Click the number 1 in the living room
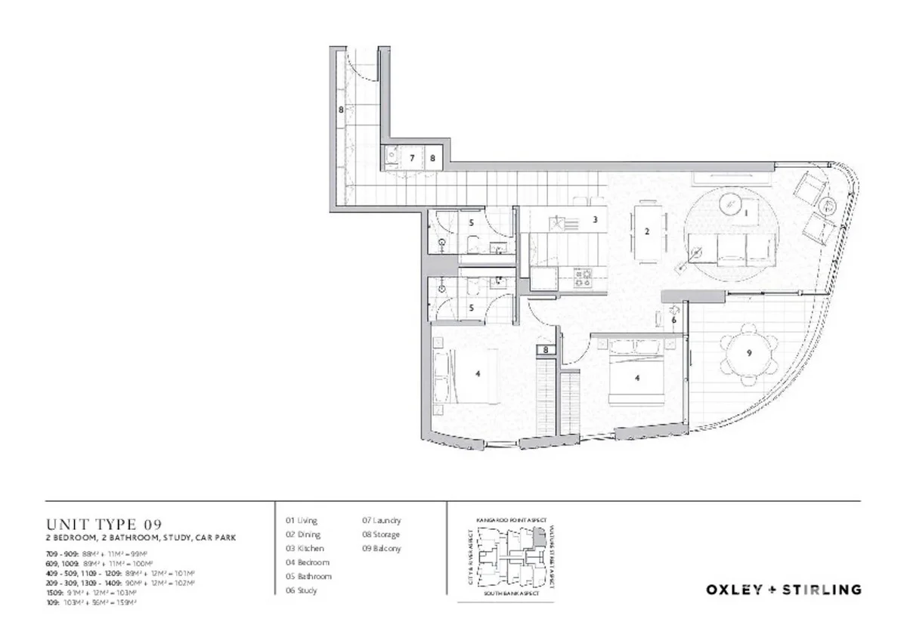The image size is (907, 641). click(746, 214)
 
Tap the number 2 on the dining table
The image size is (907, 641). click(647, 232)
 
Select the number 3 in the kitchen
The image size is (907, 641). click(596, 220)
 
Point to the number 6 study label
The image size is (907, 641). click(673, 320)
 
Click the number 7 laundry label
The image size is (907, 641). click(412, 158)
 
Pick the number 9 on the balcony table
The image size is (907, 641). click(748, 352)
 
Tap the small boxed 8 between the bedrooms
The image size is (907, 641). click(546, 350)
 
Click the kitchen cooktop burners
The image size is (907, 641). click(584, 277)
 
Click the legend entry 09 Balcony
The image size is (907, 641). click(382, 549)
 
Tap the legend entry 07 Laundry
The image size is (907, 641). click(382, 521)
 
